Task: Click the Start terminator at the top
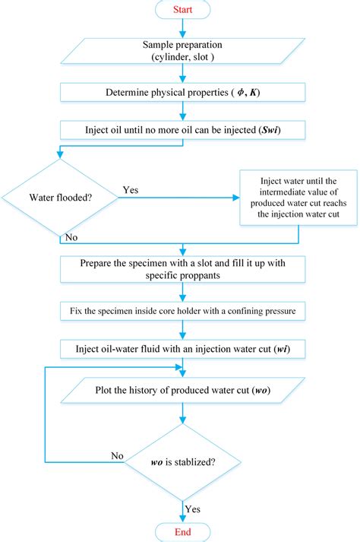coord(182,11)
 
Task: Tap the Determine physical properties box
coord(182,93)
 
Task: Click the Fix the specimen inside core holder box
coord(182,310)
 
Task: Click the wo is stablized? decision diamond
coord(182,460)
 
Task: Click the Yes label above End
coord(193,507)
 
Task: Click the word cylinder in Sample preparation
coord(161,57)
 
